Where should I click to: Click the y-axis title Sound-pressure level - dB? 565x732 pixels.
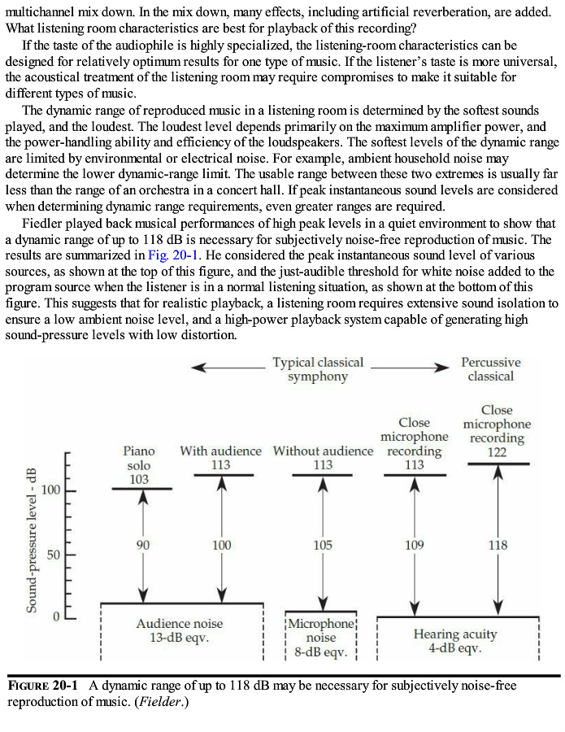click(x=32, y=540)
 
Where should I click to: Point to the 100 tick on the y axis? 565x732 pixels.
click(x=52, y=490)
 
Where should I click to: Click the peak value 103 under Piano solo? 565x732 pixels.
click(x=139, y=479)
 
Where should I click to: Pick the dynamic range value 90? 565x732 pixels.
click(x=143, y=545)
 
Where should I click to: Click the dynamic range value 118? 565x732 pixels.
click(x=498, y=545)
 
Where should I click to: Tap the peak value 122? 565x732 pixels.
click(x=496, y=452)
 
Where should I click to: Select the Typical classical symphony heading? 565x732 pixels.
click(x=318, y=369)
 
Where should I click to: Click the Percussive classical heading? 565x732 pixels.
click(x=491, y=369)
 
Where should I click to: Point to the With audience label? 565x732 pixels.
click(x=221, y=451)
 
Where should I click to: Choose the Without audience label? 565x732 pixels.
click(x=323, y=451)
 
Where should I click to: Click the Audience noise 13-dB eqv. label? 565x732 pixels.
click(x=179, y=630)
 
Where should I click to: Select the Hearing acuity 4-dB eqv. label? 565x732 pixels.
click(x=455, y=641)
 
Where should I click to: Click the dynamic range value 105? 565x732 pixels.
click(x=323, y=545)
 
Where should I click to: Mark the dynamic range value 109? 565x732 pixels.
click(x=415, y=545)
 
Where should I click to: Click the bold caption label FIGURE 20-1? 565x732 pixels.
click(x=42, y=686)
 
